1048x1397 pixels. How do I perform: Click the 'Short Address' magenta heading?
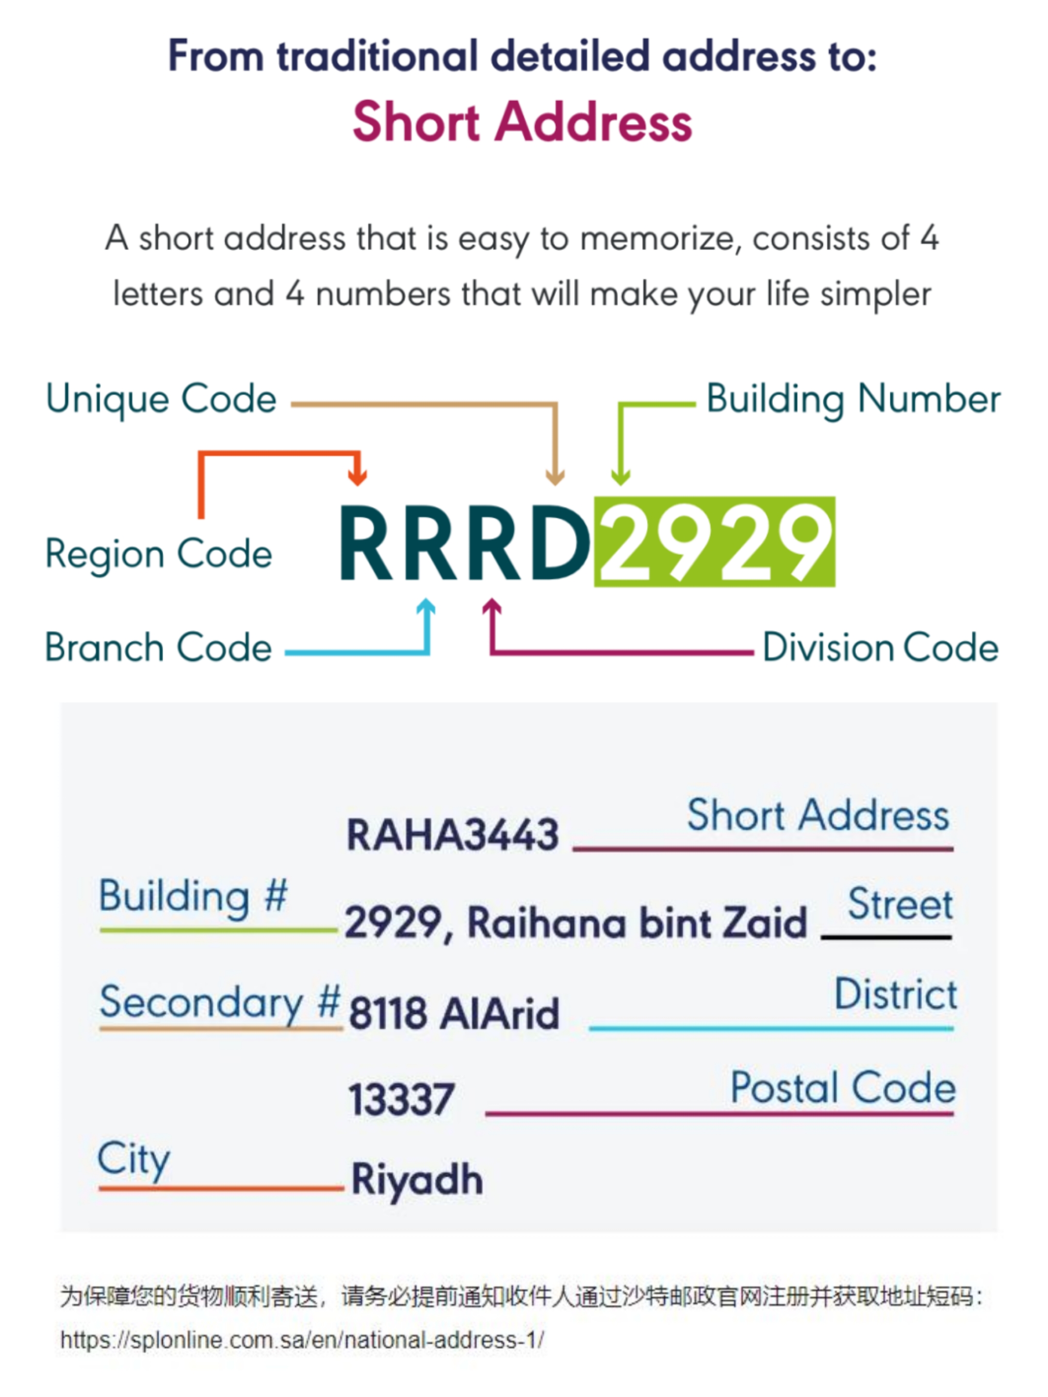[x=523, y=122]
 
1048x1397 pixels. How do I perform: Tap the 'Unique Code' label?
[x=161, y=399]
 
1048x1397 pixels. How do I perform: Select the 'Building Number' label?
[x=853, y=399]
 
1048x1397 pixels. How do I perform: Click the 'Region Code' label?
[x=159, y=554]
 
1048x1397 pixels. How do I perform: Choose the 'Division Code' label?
[x=880, y=648]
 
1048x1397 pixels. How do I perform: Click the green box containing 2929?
[x=715, y=542]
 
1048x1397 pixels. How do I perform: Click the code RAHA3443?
[x=452, y=834]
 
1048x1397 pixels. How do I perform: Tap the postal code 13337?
[x=401, y=1100]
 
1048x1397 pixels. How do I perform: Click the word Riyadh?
[x=417, y=1179]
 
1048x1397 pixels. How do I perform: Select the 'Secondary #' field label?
[x=220, y=1003]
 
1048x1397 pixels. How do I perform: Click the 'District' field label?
[x=895, y=994]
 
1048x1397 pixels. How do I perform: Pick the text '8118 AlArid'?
[x=454, y=1014]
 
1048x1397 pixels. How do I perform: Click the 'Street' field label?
[x=900, y=904]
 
